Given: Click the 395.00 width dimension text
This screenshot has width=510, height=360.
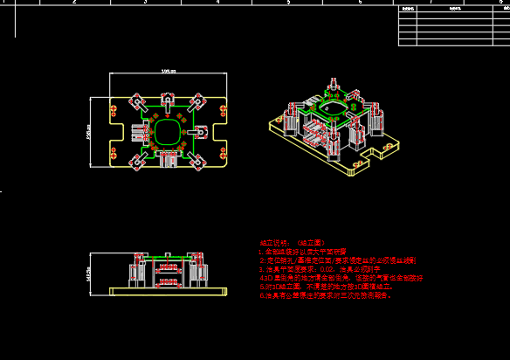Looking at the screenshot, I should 169,71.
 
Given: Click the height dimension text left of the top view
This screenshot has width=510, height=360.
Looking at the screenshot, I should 89,131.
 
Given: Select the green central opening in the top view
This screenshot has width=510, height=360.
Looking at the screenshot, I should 168,132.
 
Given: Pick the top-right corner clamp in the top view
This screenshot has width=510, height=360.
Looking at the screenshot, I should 200,100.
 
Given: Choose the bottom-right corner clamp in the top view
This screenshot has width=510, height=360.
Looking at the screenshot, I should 200,163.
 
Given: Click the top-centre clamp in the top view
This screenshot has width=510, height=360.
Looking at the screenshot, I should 168,97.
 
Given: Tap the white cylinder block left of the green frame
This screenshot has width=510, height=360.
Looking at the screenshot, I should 137,132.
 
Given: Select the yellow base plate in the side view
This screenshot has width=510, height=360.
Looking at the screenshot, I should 166,290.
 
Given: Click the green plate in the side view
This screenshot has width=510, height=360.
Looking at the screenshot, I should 166,258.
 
